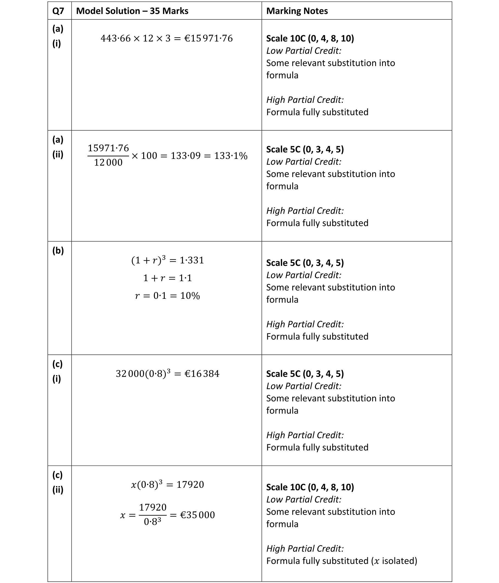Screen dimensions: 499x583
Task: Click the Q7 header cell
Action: point(58,11)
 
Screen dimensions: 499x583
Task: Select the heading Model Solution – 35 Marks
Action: point(132,11)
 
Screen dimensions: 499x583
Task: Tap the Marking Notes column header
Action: point(297,11)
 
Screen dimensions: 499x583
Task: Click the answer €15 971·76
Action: point(209,38)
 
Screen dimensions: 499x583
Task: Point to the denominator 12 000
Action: point(108,163)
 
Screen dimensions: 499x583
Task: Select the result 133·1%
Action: point(231,156)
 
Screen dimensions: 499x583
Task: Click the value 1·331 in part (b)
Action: point(192,260)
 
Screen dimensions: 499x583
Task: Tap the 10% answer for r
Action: point(190,296)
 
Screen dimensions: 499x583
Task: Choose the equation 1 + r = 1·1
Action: point(167,278)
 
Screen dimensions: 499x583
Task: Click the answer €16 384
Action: point(202,374)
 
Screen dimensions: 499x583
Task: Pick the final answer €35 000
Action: point(197,515)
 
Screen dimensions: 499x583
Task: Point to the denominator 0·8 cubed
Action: point(152,521)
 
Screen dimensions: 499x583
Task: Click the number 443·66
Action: point(116,38)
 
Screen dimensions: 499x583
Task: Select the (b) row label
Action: point(58,250)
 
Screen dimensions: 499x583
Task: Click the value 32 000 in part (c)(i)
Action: point(130,374)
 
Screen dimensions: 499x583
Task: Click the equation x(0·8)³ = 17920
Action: point(167,485)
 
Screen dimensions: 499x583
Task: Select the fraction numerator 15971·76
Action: point(108,148)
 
